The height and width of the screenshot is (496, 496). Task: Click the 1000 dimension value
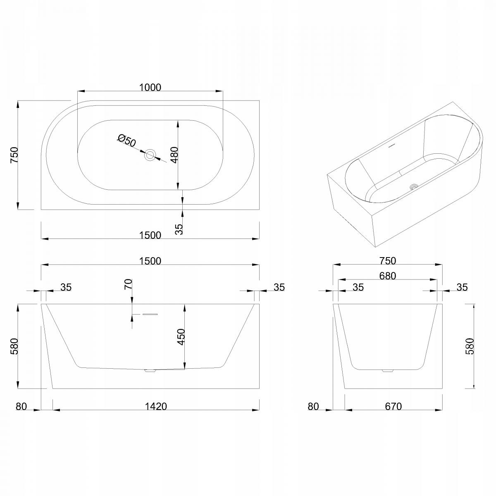pos(150,88)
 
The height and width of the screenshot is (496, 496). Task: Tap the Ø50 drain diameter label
pos(126,141)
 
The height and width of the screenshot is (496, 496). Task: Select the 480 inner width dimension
pos(175,155)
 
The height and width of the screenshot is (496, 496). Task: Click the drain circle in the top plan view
pos(150,155)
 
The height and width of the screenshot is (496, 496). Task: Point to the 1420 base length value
pos(156,406)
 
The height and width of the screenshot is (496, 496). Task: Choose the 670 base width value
pos(393,406)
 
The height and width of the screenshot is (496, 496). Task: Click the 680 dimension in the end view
pos(388,276)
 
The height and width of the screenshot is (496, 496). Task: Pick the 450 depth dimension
pos(181,337)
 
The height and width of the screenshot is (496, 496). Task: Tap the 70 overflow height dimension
pos(128,284)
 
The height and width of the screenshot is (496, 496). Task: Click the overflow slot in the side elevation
pos(150,314)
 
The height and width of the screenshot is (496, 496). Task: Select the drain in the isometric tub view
pos(414,186)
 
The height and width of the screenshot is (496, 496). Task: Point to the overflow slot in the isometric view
pos(391,145)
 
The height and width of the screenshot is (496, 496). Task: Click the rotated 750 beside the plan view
pos(14,155)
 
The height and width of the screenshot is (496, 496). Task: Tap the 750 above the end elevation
pos(388,261)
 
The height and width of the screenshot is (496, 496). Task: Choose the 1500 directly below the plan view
pos(150,235)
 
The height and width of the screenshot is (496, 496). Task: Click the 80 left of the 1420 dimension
pos(21,406)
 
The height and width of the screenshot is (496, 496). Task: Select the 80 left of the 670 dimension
pos(313,406)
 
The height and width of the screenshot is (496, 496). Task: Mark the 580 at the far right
pos(470,346)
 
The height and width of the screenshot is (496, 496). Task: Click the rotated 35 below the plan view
pos(179,229)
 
